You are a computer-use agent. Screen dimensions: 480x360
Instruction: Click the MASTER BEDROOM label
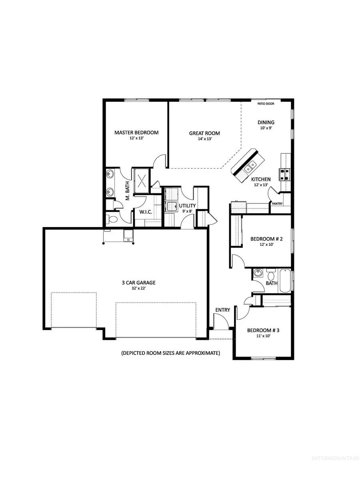click(x=136, y=133)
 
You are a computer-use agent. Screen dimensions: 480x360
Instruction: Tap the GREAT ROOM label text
click(x=204, y=133)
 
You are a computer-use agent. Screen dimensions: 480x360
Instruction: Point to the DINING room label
click(x=266, y=123)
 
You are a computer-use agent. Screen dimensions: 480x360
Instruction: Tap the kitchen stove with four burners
click(x=286, y=174)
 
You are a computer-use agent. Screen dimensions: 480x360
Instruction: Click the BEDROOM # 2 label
click(x=267, y=239)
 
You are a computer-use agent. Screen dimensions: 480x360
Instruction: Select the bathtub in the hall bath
click(x=285, y=282)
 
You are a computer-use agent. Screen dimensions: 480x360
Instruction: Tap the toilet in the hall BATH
click(x=270, y=275)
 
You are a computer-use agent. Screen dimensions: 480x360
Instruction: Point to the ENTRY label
click(x=222, y=310)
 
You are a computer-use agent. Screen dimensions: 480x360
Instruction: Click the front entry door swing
click(x=220, y=321)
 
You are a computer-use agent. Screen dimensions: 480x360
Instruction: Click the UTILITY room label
click(x=187, y=206)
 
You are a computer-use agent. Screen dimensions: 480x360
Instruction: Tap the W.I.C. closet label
click(x=145, y=212)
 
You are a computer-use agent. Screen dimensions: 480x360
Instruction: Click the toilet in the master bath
click(x=113, y=219)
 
